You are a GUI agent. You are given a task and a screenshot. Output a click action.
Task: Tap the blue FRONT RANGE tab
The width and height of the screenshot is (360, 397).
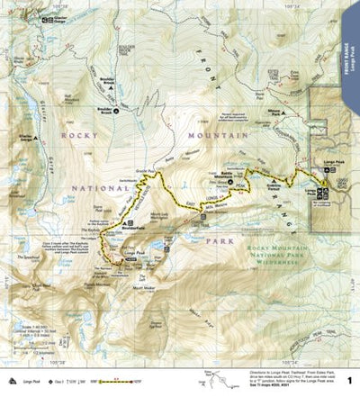346,50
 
